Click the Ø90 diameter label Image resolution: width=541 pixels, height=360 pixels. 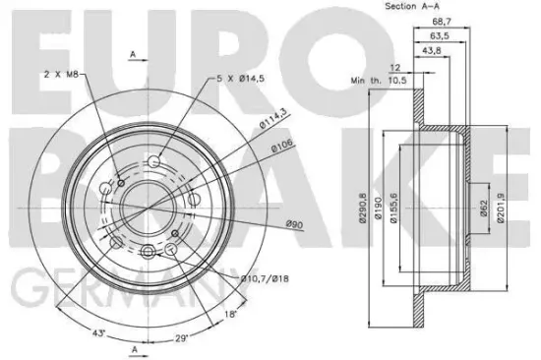coord(293,224)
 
